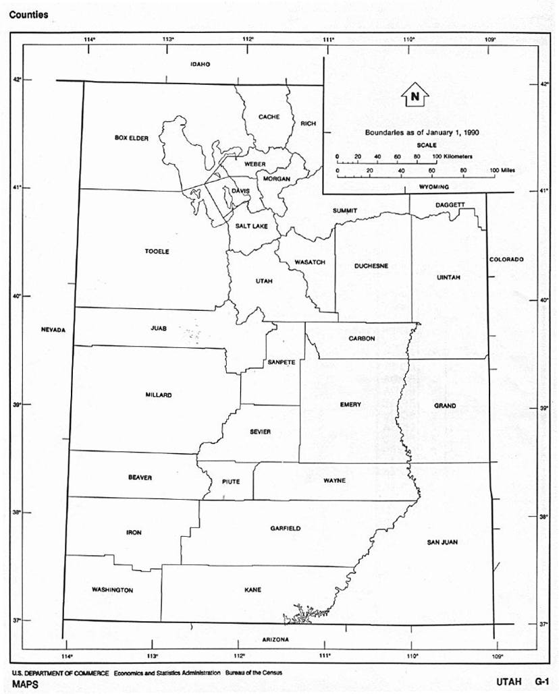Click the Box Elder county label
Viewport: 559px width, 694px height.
(x=131, y=138)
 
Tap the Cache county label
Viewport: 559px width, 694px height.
(x=269, y=117)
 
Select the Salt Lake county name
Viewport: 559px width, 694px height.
(x=251, y=227)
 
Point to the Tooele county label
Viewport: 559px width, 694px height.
(x=157, y=252)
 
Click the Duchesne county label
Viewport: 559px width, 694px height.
(x=371, y=266)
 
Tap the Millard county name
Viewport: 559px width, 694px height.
(x=159, y=395)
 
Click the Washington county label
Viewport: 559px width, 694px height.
(x=112, y=589)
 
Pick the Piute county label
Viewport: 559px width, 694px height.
(x=230, y=482)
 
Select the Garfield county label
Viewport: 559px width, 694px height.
(x=286, y=528)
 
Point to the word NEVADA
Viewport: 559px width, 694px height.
(x=53, y=330)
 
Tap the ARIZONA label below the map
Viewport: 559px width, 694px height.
(x=275, y=639)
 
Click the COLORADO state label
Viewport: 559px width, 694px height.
(x=507, y=259)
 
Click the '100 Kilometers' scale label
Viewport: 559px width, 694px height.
(x=452, y=156)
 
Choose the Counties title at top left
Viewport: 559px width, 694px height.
(x=28, y=15)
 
